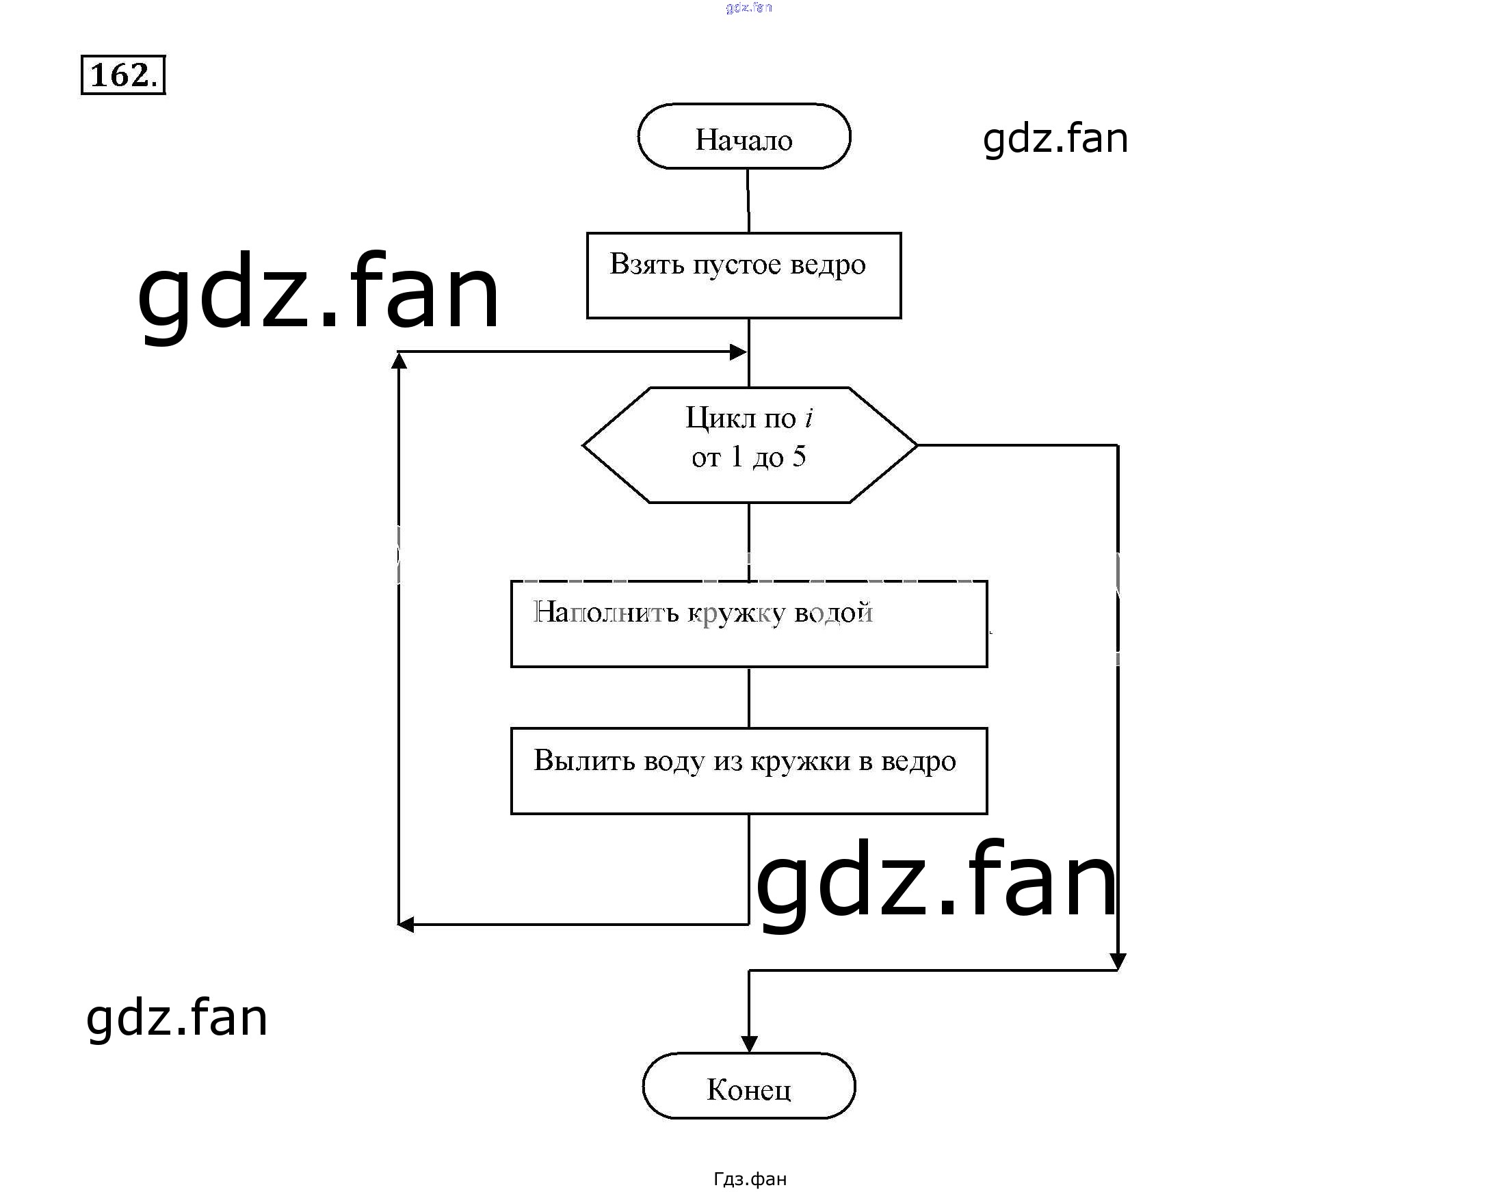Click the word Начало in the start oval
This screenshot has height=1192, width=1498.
[744, 140]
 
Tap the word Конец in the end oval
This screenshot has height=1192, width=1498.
[748, 1090]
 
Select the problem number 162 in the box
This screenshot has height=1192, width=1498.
[120, 75]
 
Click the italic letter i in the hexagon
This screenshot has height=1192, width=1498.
[808, 418]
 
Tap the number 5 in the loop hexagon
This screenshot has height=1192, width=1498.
[799, 457]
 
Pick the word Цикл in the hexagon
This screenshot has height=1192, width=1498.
[720, 418]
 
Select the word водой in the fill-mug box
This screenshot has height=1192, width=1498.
[833, 613]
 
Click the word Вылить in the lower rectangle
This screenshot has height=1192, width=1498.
[583, 760]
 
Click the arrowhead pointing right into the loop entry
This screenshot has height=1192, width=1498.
[739, 352]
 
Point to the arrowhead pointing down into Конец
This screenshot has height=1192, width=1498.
[749, 1044]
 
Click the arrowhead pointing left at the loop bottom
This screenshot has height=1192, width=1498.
[406, 925]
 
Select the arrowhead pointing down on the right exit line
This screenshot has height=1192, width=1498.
[1118, 962]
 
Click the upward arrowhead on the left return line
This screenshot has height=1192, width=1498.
[399, 360]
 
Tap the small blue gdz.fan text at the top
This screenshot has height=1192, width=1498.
[748, 8]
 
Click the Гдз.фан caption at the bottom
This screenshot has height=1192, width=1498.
[750, 1179]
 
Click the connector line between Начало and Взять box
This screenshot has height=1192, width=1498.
[748, 201]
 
